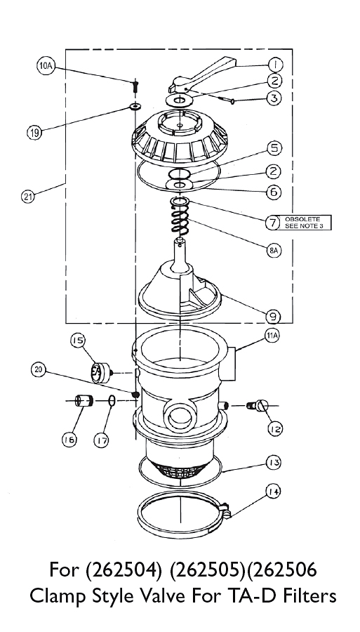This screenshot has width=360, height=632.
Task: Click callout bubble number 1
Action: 276,65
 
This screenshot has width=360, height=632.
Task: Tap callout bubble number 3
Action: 274,98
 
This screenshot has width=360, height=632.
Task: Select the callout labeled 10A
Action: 45,67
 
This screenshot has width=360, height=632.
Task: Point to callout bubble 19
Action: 34,133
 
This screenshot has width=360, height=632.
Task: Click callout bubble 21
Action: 27,197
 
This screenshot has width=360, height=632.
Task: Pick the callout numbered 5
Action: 274,149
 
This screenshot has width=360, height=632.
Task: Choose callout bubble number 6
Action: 274,192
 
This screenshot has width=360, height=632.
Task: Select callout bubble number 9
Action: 273,317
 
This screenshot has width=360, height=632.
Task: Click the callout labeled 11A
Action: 272,336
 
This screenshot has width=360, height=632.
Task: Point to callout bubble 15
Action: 78,341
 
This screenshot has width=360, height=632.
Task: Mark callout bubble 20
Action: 39,371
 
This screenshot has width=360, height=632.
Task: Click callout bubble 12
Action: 275,429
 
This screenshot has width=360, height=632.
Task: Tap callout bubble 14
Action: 274,491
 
